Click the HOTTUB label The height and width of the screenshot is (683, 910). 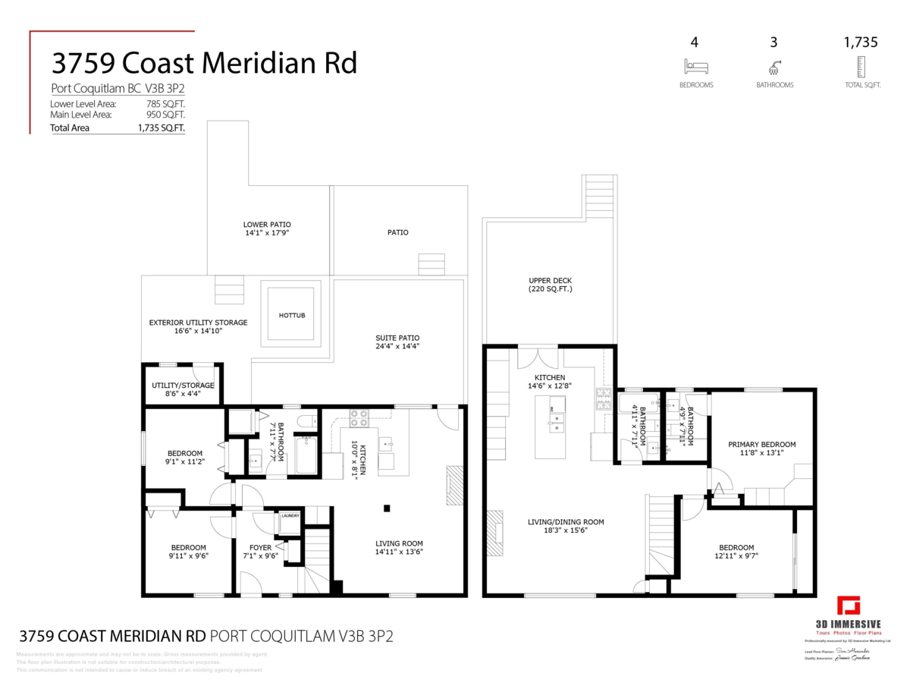pos(291,315)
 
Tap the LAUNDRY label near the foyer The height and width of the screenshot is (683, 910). pos(290,516)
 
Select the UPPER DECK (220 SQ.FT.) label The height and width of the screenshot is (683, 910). pos(551,285)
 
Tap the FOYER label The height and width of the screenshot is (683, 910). pos(260,548)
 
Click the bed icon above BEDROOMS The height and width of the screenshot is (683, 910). pos(695,66)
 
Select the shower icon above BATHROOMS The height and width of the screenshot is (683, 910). pos(774,66)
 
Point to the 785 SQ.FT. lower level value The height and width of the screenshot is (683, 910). pos(166,104)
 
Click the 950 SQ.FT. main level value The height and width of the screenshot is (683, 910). pos(166,115)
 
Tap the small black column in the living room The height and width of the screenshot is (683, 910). pos(387,508)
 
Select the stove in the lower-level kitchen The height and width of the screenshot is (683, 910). pos(359,417)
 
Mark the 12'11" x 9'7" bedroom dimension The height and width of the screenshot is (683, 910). pos(736,556)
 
